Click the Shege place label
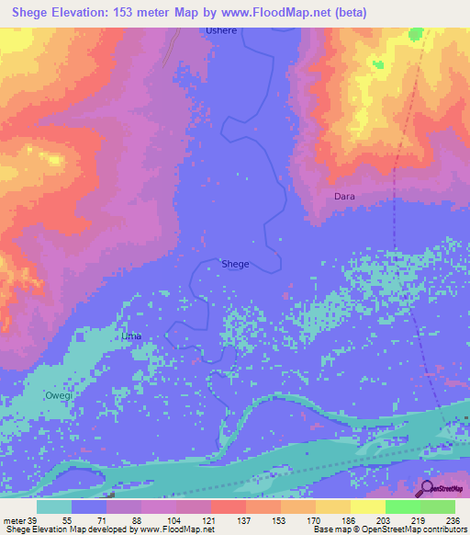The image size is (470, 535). [235, 264]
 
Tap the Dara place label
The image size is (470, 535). [344, 197]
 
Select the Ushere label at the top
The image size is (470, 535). [220, 30]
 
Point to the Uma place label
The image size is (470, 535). [131, 336]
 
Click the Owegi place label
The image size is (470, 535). [58, 394]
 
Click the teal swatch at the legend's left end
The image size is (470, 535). [54, 507]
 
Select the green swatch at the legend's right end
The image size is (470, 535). [438, 507]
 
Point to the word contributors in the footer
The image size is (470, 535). [443, 530]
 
